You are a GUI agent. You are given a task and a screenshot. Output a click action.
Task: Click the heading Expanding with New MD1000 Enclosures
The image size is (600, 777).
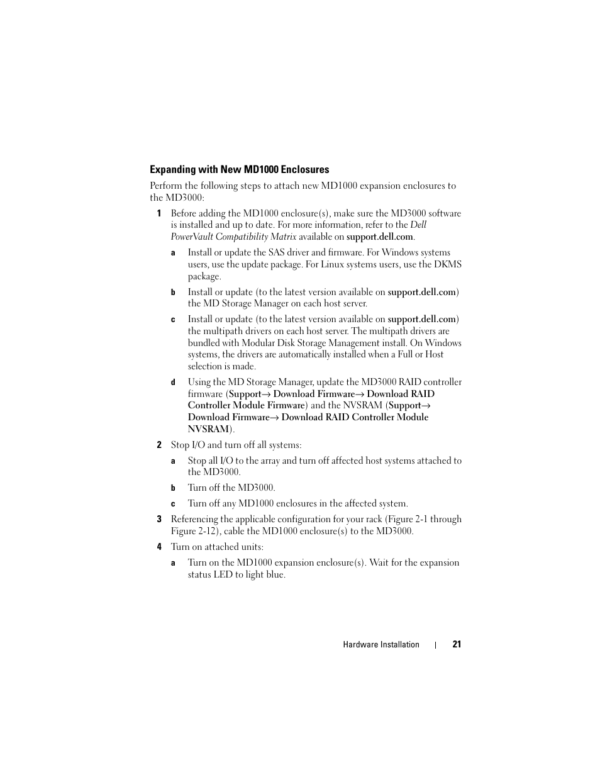[x=239, y=169]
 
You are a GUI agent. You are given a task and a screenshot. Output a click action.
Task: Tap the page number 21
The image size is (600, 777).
[x=457, y=644]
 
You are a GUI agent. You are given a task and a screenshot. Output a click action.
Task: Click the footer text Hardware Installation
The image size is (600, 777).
[x=381, y=644]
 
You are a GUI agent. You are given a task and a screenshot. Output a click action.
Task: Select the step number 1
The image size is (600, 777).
[x=159, y=213]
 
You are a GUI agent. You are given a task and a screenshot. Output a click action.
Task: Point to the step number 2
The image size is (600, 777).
[x=159, y=445]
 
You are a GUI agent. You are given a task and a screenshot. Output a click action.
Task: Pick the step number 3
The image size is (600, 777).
[x=159, y=520]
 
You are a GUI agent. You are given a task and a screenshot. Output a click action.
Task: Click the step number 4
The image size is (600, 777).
[x=159, y=547]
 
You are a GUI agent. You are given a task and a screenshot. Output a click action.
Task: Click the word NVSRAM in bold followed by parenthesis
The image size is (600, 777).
[x=208, y=429]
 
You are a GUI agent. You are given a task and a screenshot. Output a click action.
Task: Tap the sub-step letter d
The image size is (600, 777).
[x=173, y=383]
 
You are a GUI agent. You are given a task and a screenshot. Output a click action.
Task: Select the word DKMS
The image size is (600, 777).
[x=448, y=264]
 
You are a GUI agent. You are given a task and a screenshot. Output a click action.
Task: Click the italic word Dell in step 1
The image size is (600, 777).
[x=418, y=225]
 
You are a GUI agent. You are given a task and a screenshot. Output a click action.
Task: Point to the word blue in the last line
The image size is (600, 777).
[x=272, y=574]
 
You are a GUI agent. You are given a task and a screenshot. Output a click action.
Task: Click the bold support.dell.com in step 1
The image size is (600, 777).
[x=379, y=237]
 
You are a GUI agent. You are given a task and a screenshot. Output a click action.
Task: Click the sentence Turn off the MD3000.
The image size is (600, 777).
[x=231, y=488]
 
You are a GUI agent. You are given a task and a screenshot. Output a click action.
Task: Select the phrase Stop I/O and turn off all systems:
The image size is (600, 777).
[x=236, y=445]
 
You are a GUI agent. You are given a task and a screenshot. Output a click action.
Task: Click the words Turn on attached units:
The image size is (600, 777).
[x=217, y=547]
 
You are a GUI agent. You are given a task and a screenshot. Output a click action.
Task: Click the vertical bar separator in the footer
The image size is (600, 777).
[x=436, y=645]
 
